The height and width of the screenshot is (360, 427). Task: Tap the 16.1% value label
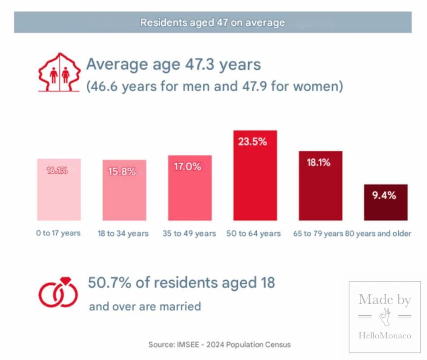[x=58, y=170]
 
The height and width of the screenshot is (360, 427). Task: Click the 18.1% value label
[x=318, y=162]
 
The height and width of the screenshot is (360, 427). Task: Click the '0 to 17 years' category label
[x=59, y=233]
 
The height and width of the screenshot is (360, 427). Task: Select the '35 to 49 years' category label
[x=189, y=234]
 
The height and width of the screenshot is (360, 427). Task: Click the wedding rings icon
[x=58, y=293]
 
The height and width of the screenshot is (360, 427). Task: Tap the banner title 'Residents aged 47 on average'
[x=213, y=22]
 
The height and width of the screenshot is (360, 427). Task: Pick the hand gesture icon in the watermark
[x=385, y=317]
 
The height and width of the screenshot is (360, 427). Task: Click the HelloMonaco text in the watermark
[x=385, y=335]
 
